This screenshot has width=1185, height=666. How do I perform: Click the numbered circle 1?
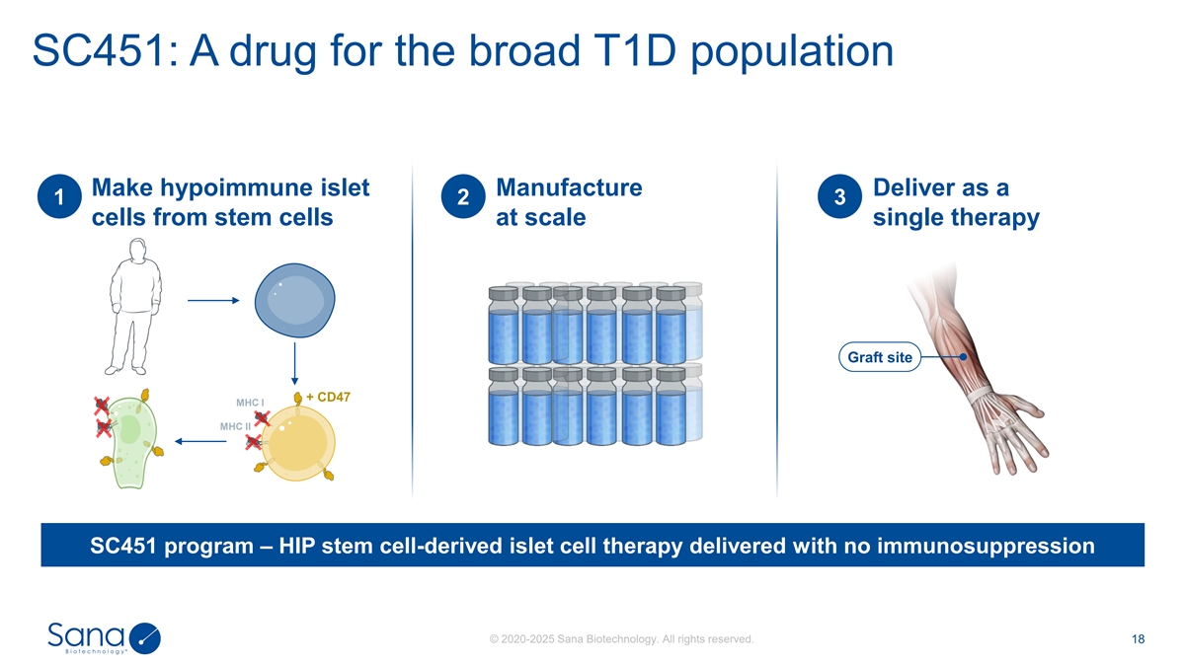click(59, 196)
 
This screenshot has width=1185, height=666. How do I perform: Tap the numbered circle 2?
click(463, 196)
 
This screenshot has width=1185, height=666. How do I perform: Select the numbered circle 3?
click(839, 196)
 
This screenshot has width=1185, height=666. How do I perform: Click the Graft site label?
click(880, 357)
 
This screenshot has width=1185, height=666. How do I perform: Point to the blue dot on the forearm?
click(964, 357)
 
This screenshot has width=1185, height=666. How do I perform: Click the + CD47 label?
click(328, 397)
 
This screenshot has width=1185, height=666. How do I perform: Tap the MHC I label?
click(250, 403)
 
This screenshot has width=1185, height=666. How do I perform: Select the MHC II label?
click(235, 426)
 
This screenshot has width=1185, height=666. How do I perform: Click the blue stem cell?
click(294, 300)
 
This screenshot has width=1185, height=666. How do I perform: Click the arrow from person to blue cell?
click(213, 300)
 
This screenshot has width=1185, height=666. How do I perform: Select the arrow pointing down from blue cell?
click(294, 364)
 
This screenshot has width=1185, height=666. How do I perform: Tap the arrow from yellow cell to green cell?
click(200, 441)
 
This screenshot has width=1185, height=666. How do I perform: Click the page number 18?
click(1138, 639)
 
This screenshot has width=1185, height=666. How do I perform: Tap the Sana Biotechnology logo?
click(104, 638)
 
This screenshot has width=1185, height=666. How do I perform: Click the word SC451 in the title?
click(99, 51)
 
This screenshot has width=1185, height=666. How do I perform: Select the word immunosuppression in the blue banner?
click(986, 546)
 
